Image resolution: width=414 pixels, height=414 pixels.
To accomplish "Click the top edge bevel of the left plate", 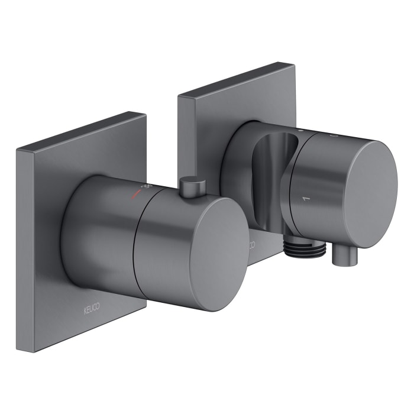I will click(83, 130).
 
